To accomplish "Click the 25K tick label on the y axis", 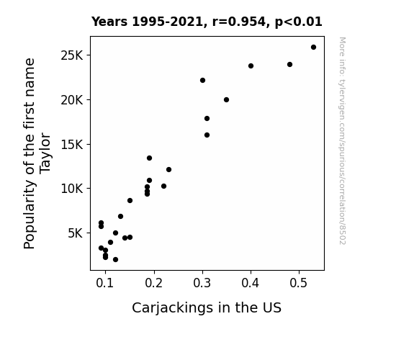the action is pyautogui.click(x=72, y=55).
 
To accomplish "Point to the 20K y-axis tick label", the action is pyautogui.click(x=72, y=100).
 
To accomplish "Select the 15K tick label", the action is pyautogui.click(x=72, y=145).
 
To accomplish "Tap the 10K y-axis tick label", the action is pyautogui.click(x=72, y=189).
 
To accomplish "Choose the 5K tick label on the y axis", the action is pyautogui.click(x=76, y=233).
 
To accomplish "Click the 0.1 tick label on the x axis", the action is pyautogui.click(x=105, y=283).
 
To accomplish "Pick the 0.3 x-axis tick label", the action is pyautogui.click(x=202, y=283).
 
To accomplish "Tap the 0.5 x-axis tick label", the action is pyautogui.click(x=299, y=283).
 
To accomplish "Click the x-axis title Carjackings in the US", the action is pyautogui.click(x=207, y=308).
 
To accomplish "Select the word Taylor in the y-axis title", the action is pyautogui.click(x=45, y=153).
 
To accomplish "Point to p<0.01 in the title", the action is pyautogui.click(x=299, y=22).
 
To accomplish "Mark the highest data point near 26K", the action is pyautogui.click(x=313, y=48).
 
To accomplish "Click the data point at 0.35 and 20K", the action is pyautogui.click(x=226, y=100).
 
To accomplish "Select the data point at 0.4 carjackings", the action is pyautogui.click(x=251, y=66).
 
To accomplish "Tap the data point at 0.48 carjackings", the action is pyautogui.click(x=289, y=65).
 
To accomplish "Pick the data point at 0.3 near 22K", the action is pyautogui.click(x=202, y=81).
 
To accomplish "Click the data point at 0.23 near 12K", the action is pyautogui.click(x=168, y=170).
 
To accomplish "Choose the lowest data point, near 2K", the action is pyautogui.click(x=115, y=260).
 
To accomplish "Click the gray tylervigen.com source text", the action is pyautogui.click(x=342, y=141).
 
